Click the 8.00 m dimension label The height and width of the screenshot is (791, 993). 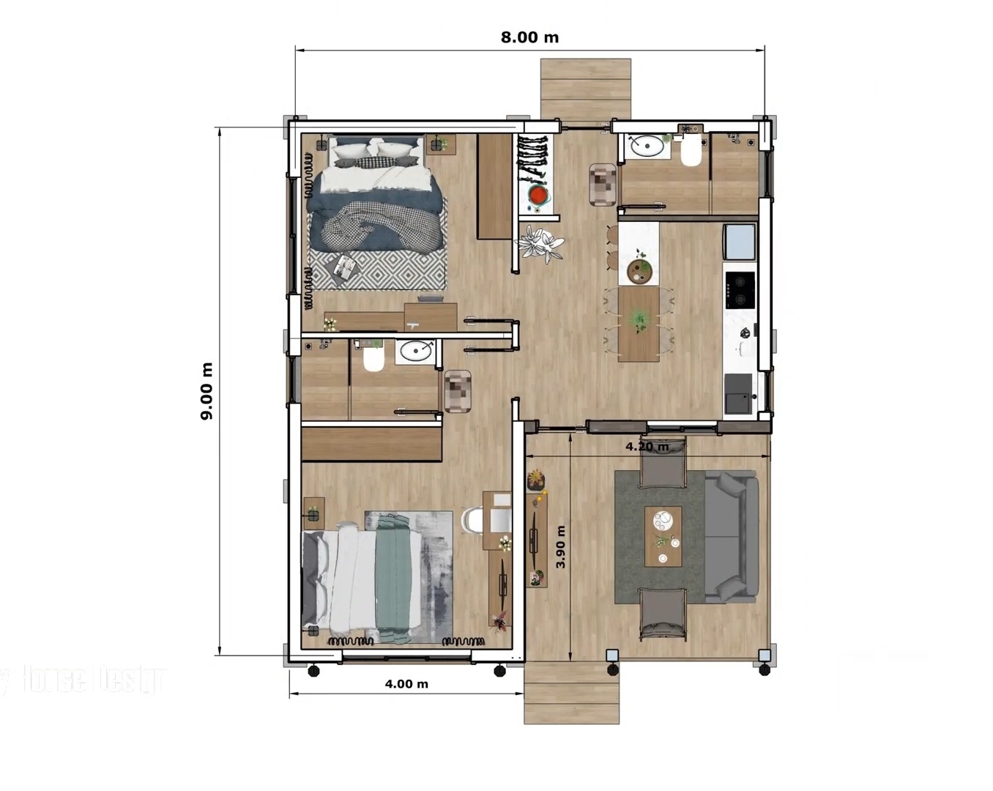click(529, 37)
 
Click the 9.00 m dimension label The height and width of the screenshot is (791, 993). click(207, 391)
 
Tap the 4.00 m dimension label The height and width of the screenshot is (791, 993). click(406, 684)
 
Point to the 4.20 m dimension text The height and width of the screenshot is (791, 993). click(647, 446)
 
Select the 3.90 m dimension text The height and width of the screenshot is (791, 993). click(561, 547)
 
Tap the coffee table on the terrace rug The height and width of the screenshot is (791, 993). click(663, 536)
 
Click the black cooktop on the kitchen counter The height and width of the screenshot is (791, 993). click(740, 289)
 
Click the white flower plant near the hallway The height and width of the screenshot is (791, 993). click(540, 243)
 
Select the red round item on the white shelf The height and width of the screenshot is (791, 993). click(538, 196)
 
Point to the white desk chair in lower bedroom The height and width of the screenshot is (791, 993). click(472, 519)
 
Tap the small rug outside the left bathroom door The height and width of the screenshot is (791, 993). click(458, 390)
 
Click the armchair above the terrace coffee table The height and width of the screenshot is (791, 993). click(663, 466)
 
